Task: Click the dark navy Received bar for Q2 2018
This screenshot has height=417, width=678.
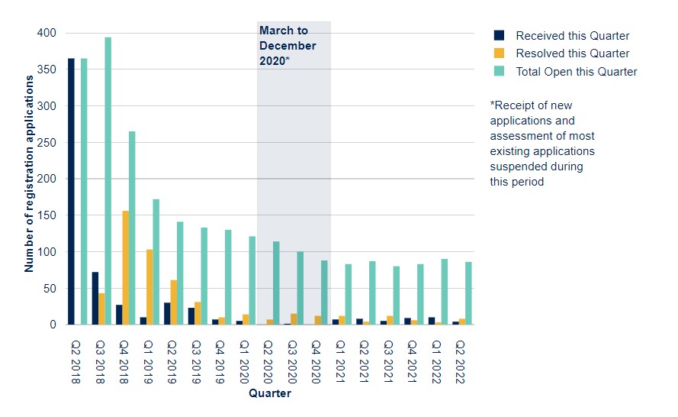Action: point(71,192)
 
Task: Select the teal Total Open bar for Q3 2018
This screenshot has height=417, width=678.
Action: point(108,181)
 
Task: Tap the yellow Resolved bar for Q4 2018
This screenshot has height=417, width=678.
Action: point(126,267)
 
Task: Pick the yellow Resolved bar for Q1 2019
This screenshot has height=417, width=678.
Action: point(149,286)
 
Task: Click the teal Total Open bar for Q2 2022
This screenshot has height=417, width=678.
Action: point(468,293)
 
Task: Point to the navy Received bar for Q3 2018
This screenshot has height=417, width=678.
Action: point(95,299)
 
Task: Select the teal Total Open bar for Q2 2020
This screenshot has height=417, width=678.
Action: point(276,283)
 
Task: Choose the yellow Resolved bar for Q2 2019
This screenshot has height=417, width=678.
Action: point(174,302)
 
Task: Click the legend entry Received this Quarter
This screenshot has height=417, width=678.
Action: point(561,35)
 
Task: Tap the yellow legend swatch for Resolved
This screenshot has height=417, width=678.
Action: point(499,53)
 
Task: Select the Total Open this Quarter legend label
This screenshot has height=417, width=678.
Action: point(577,72)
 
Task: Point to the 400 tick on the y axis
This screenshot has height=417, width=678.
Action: point(47,33)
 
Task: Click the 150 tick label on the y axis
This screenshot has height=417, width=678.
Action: point(47,215)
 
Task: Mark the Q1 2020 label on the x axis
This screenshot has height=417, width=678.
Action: point(244,362)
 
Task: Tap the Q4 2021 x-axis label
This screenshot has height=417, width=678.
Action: point(412,362)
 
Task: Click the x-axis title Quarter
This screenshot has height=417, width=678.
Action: point(270,393)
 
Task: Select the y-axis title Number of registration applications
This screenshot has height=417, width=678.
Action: point(29,173)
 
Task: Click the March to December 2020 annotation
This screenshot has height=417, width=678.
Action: point(288,46)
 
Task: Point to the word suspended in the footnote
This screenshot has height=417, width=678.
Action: point(537,166)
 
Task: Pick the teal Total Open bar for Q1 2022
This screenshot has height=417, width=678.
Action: point(445,292)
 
